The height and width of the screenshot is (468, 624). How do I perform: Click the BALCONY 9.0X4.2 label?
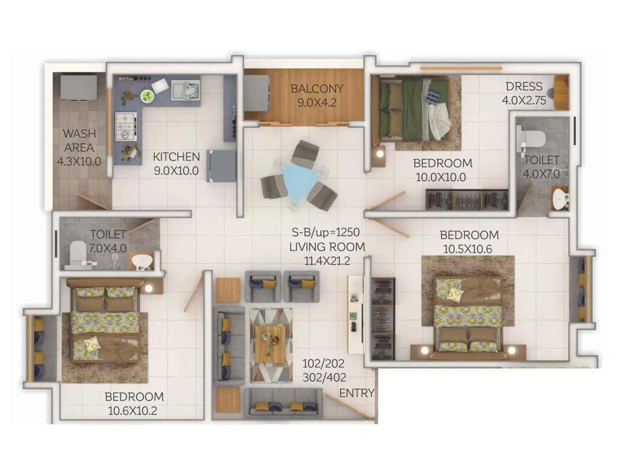coord(317,96)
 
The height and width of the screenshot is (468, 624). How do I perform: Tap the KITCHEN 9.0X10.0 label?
coord(176,164)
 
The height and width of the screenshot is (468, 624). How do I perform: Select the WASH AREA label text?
coord(79,140)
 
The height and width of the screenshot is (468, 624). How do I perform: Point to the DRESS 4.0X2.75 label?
coord(524,93)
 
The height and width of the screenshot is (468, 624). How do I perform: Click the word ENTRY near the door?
coord(356,393)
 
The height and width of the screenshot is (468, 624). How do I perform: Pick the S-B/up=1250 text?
coord(326,232)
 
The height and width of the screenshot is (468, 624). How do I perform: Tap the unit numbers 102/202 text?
coord(323,363)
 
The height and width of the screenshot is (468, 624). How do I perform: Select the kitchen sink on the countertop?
coord(186,90)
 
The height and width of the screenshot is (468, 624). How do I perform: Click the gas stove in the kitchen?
coord(126,126)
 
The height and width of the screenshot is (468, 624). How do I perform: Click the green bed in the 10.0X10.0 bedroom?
coord(413,109)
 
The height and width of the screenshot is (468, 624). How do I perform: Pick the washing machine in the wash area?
coord(79,87)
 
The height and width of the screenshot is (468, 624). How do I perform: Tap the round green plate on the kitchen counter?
coord(147,96)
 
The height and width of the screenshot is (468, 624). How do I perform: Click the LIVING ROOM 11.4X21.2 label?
coord(327,254)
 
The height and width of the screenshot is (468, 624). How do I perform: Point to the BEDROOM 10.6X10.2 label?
coord(134,404)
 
